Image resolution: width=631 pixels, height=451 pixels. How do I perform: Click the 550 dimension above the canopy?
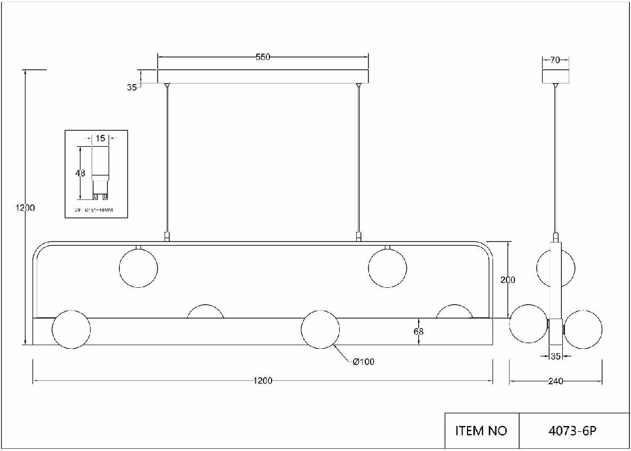click(263, 57)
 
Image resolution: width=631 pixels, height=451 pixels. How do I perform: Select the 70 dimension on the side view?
click(555, 60)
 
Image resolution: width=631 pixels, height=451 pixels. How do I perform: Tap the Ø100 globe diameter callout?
click(364, 362)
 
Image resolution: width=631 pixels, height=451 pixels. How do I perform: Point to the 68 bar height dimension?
click(419, 331)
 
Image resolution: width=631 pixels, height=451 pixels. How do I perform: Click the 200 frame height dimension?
click(508, 280)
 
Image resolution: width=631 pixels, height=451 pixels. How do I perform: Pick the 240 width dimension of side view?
click(555, 381)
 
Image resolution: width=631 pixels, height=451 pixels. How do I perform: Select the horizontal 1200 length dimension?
click(263, 381)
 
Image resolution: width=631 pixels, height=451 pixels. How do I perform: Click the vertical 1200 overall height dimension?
click(24, 208)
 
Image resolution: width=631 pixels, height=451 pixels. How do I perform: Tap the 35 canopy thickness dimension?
click(132, 88)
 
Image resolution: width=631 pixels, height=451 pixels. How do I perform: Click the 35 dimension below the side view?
click(555, 357)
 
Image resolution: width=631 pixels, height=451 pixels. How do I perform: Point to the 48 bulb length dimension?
click(80, 173)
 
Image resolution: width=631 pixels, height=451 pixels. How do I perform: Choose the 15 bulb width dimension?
click(100, 138)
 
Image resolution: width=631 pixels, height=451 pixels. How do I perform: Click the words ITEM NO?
click(481, 430)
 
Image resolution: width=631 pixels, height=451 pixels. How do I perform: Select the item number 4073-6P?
click(575, 430)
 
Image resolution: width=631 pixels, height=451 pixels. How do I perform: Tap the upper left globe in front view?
click(138, 268)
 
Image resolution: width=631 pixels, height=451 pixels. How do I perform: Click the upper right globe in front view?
click(388, 268)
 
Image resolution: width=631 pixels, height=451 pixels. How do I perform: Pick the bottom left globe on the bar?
click(71, 329)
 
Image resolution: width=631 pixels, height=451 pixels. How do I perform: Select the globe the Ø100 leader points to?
click(320, 329)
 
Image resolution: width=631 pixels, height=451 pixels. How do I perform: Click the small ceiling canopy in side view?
click(555, 76)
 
